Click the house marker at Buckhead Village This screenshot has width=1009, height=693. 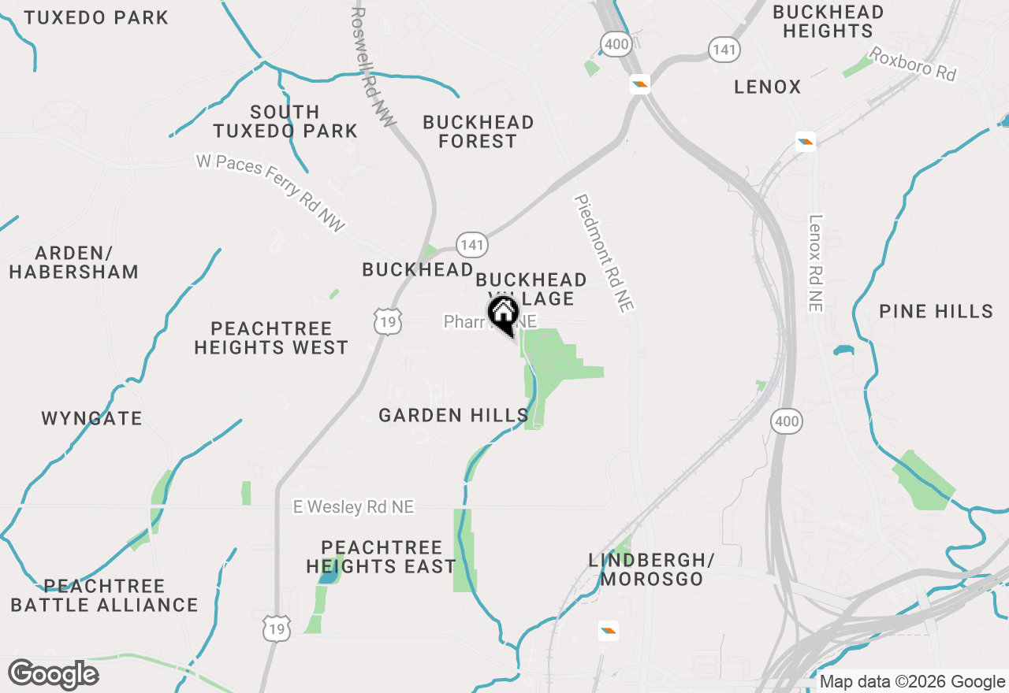click(503, 313)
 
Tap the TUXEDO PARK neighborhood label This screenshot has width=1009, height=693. click(96, 17)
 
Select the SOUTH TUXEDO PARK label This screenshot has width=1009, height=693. click(285, 121)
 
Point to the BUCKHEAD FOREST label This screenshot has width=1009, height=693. click(478, 132)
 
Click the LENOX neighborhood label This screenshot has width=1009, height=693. click(767, 87)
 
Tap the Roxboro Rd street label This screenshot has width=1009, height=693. click(912, 64)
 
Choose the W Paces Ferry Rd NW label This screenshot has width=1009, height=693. click(271, 192)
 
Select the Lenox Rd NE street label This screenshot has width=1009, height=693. click(815, 263)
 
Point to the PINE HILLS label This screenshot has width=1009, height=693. click(936, 311)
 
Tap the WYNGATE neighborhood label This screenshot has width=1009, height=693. click(91, 418)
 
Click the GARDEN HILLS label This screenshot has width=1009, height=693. click(453, 415)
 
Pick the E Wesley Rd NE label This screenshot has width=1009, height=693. click(353, 507)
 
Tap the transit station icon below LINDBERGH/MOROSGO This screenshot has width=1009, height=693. click(608, 630)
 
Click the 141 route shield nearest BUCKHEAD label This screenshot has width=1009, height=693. click(471, 245)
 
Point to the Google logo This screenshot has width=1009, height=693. click(53, 674)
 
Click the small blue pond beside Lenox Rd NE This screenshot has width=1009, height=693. click(843, 350)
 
